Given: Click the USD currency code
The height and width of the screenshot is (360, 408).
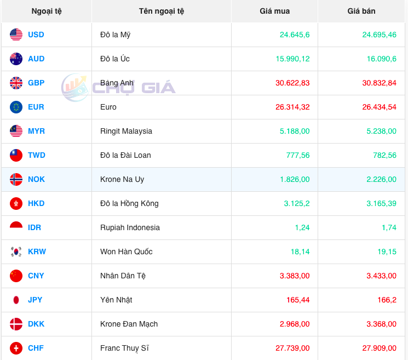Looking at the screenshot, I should click(x=36, y=35).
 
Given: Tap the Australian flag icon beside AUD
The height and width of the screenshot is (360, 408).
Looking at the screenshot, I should click(x=16, y=59).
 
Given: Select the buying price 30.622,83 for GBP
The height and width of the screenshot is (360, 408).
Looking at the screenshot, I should click(x=294, y=83).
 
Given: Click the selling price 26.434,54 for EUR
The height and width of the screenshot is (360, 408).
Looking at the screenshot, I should click(x=379, y=107).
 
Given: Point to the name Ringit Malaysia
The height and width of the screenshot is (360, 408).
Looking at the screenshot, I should click(x=126, y=131).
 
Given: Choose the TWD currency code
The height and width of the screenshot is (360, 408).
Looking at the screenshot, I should click(x=37, y=155).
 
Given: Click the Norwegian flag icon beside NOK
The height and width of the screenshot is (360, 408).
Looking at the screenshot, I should click(x=16, y=179).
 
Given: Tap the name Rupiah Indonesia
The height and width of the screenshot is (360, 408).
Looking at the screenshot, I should click(x=130, y=227).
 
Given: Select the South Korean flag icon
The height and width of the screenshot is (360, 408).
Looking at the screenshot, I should click(x=16, y=252).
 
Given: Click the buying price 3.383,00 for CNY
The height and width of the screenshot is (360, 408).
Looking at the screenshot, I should click(x=294, y=276).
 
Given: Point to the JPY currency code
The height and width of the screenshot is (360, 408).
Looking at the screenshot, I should click(x=35, y=300).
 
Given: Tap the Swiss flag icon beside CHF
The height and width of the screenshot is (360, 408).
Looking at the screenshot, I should click(x=16, y=348).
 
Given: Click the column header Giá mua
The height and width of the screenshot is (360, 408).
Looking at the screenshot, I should click(x=274, y=11).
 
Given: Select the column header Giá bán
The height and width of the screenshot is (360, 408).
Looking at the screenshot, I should click(x=361, y=11).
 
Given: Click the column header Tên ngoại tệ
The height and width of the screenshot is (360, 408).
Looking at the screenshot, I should click(x=162, y=11).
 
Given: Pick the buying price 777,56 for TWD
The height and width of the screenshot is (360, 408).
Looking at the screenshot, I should click(x=298, y=155).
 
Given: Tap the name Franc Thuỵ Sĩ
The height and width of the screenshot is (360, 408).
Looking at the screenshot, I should click(x=124, y=348).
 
